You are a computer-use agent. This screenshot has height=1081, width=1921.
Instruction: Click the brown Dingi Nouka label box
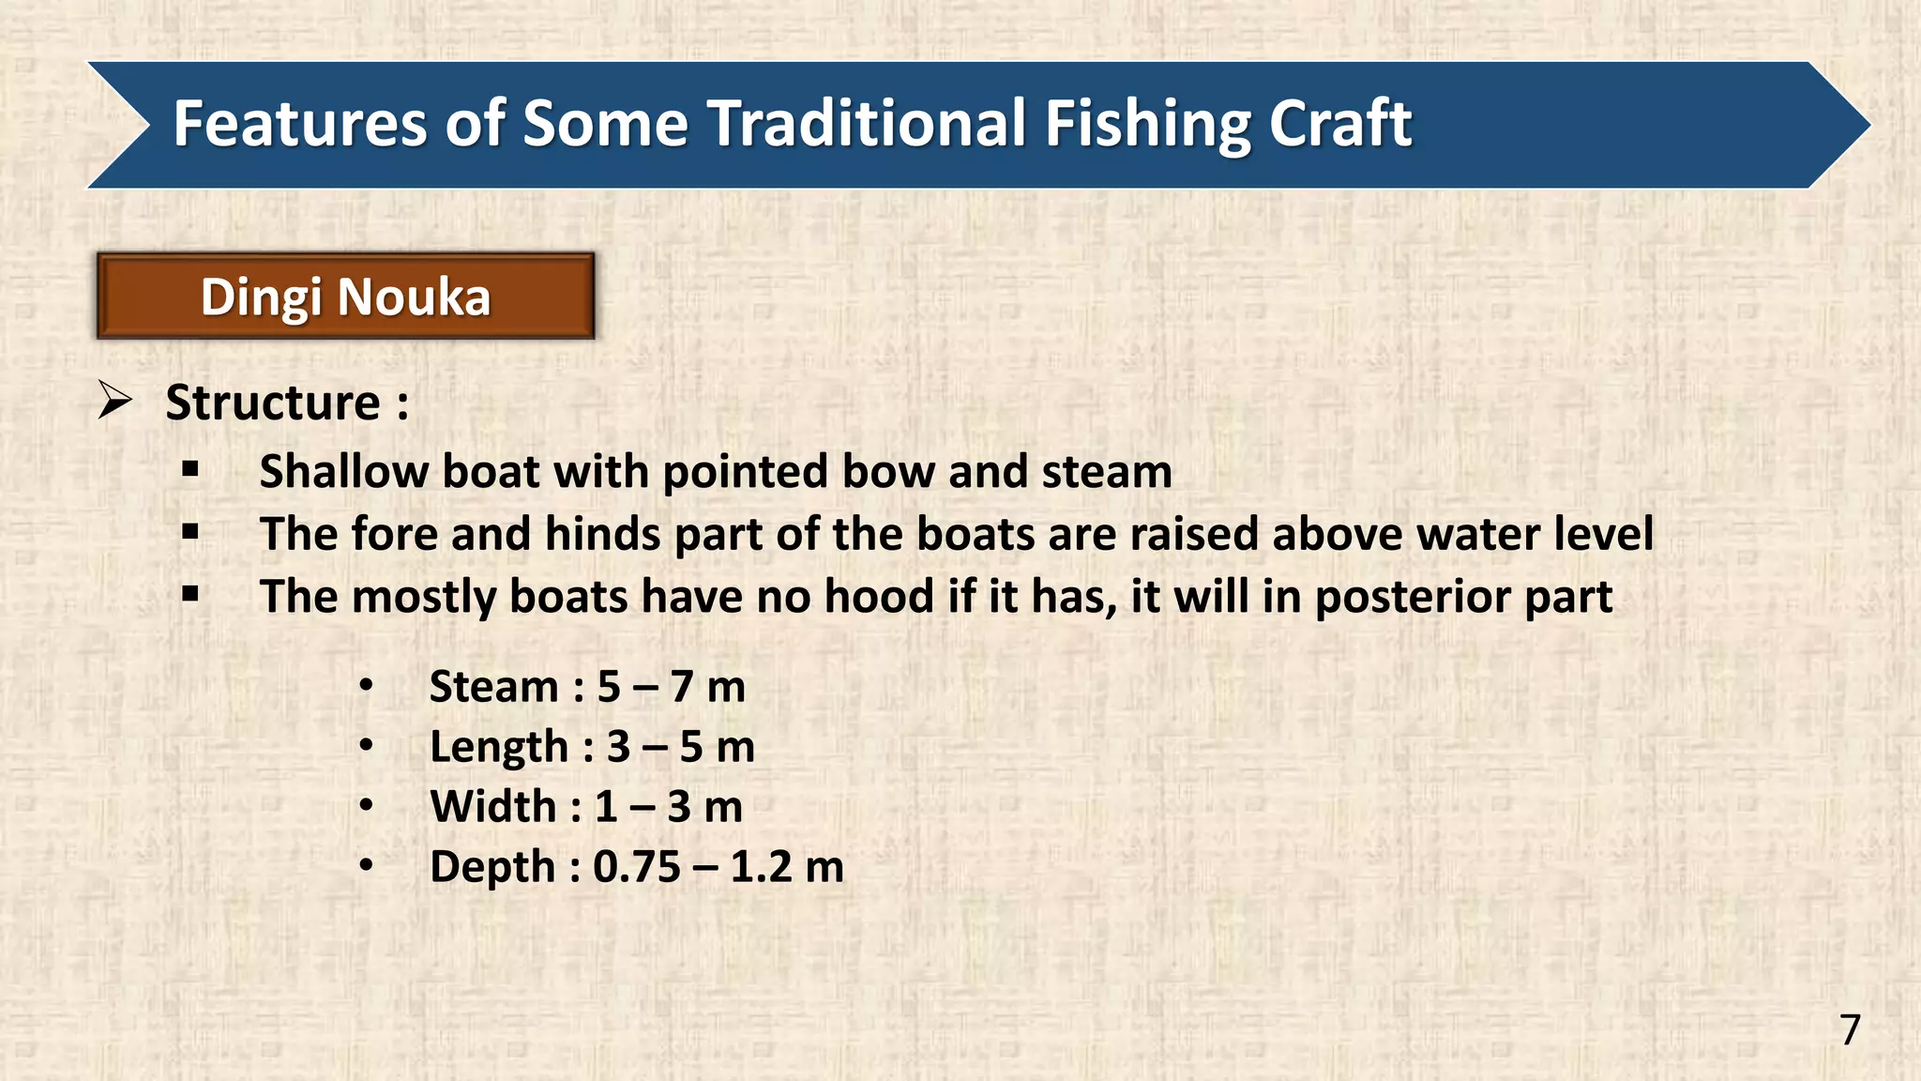345,297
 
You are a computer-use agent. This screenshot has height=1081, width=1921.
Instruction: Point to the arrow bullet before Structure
114,402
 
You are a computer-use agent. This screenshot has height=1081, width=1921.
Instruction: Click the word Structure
273,403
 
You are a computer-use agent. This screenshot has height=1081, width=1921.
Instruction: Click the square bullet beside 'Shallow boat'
191,469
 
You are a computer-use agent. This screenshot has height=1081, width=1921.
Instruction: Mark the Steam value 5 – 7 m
671,687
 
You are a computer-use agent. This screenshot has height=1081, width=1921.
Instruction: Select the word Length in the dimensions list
499,748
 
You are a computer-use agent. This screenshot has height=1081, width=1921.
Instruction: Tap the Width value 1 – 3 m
669,807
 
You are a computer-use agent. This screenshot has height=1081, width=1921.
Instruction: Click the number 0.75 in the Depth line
637,867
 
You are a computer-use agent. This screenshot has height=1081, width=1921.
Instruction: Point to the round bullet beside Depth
366,865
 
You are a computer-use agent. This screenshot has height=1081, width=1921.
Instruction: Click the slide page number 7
1850,1030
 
